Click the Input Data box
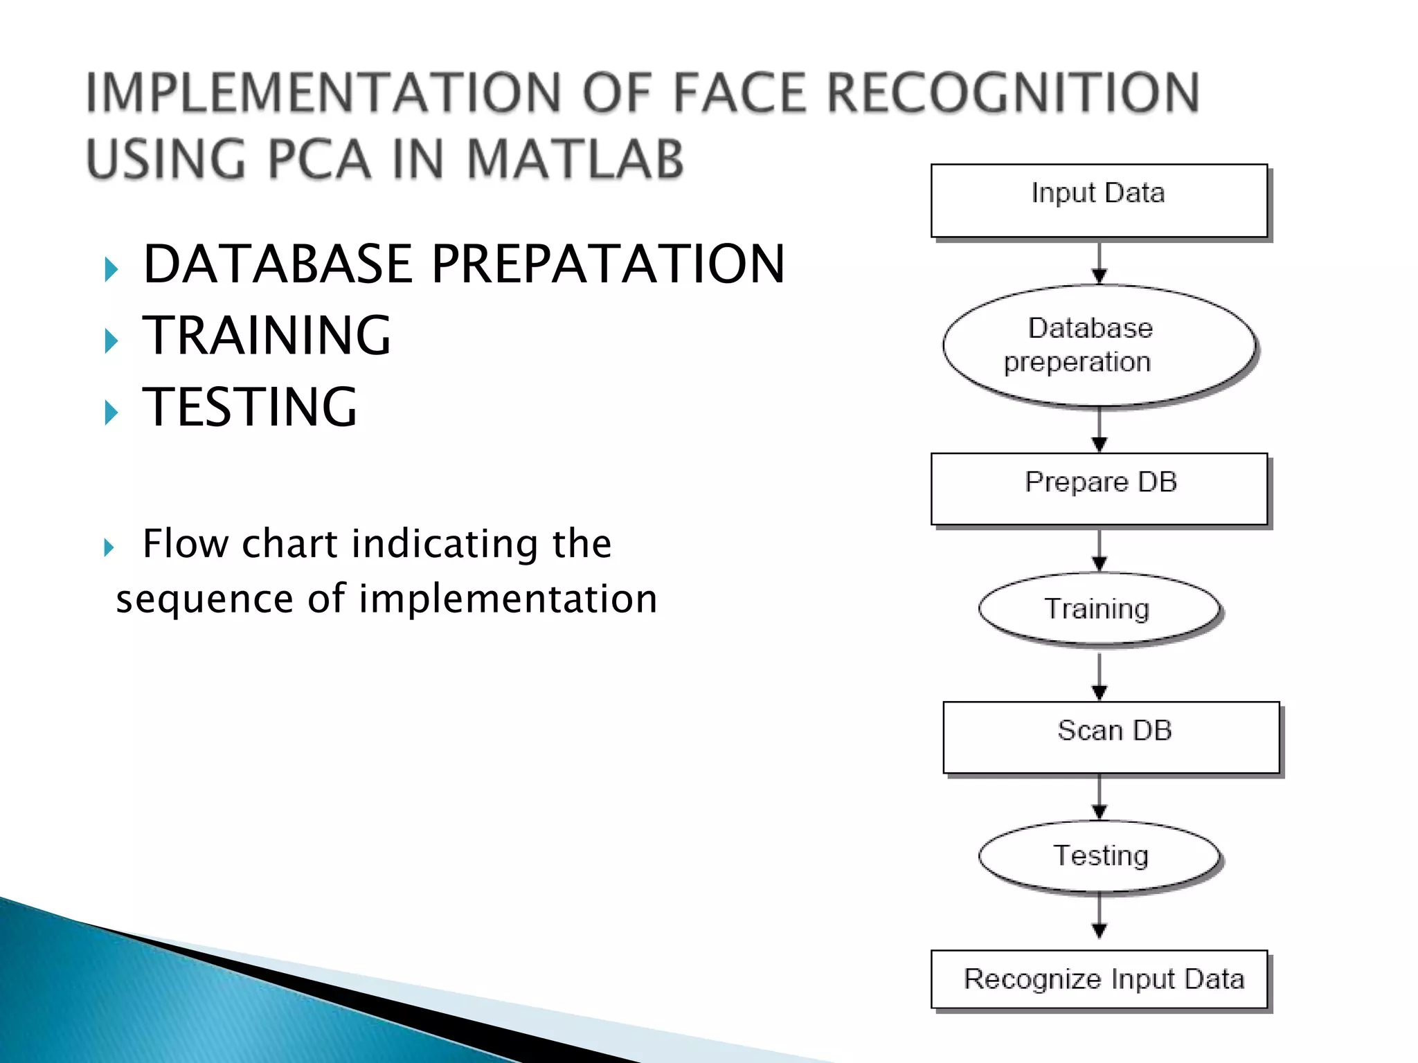1099,201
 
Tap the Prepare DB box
1099,489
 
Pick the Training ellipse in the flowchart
1099,608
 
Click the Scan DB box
1111,737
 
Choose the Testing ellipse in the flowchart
1099,856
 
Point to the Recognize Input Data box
1099,979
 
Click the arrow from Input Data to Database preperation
1100,263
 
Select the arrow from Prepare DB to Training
1100,550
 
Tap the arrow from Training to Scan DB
1100,675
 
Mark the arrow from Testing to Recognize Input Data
1100,917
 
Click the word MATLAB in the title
575,159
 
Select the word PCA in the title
318,159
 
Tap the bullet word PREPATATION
608,264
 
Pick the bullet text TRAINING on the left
267,336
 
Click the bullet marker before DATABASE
111,269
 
